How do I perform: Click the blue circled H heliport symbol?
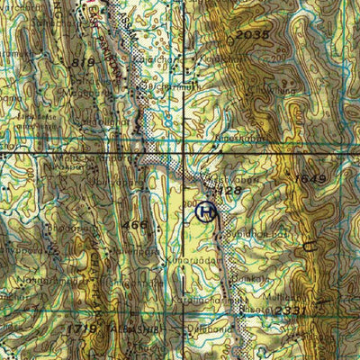point(205,211)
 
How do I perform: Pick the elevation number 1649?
point(308,179)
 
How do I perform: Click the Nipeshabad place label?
point(238,139)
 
